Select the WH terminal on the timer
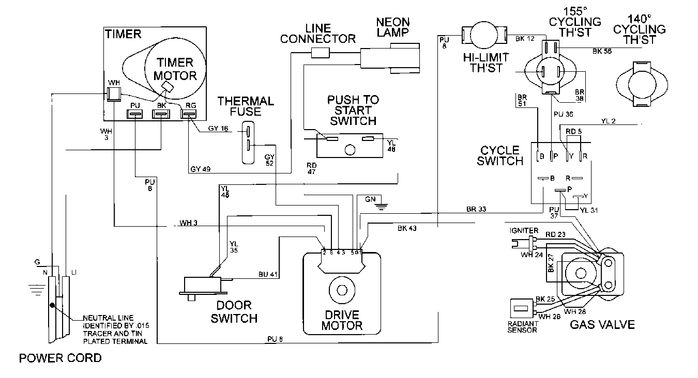click(113, 92)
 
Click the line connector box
click(320, 52)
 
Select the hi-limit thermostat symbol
click(478, 36)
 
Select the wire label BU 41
click(268, 275)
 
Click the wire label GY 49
click(200, 169)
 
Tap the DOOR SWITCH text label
click(234, 311)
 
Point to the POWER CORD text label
click(60, 358)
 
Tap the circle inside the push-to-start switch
click(349, 150)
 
